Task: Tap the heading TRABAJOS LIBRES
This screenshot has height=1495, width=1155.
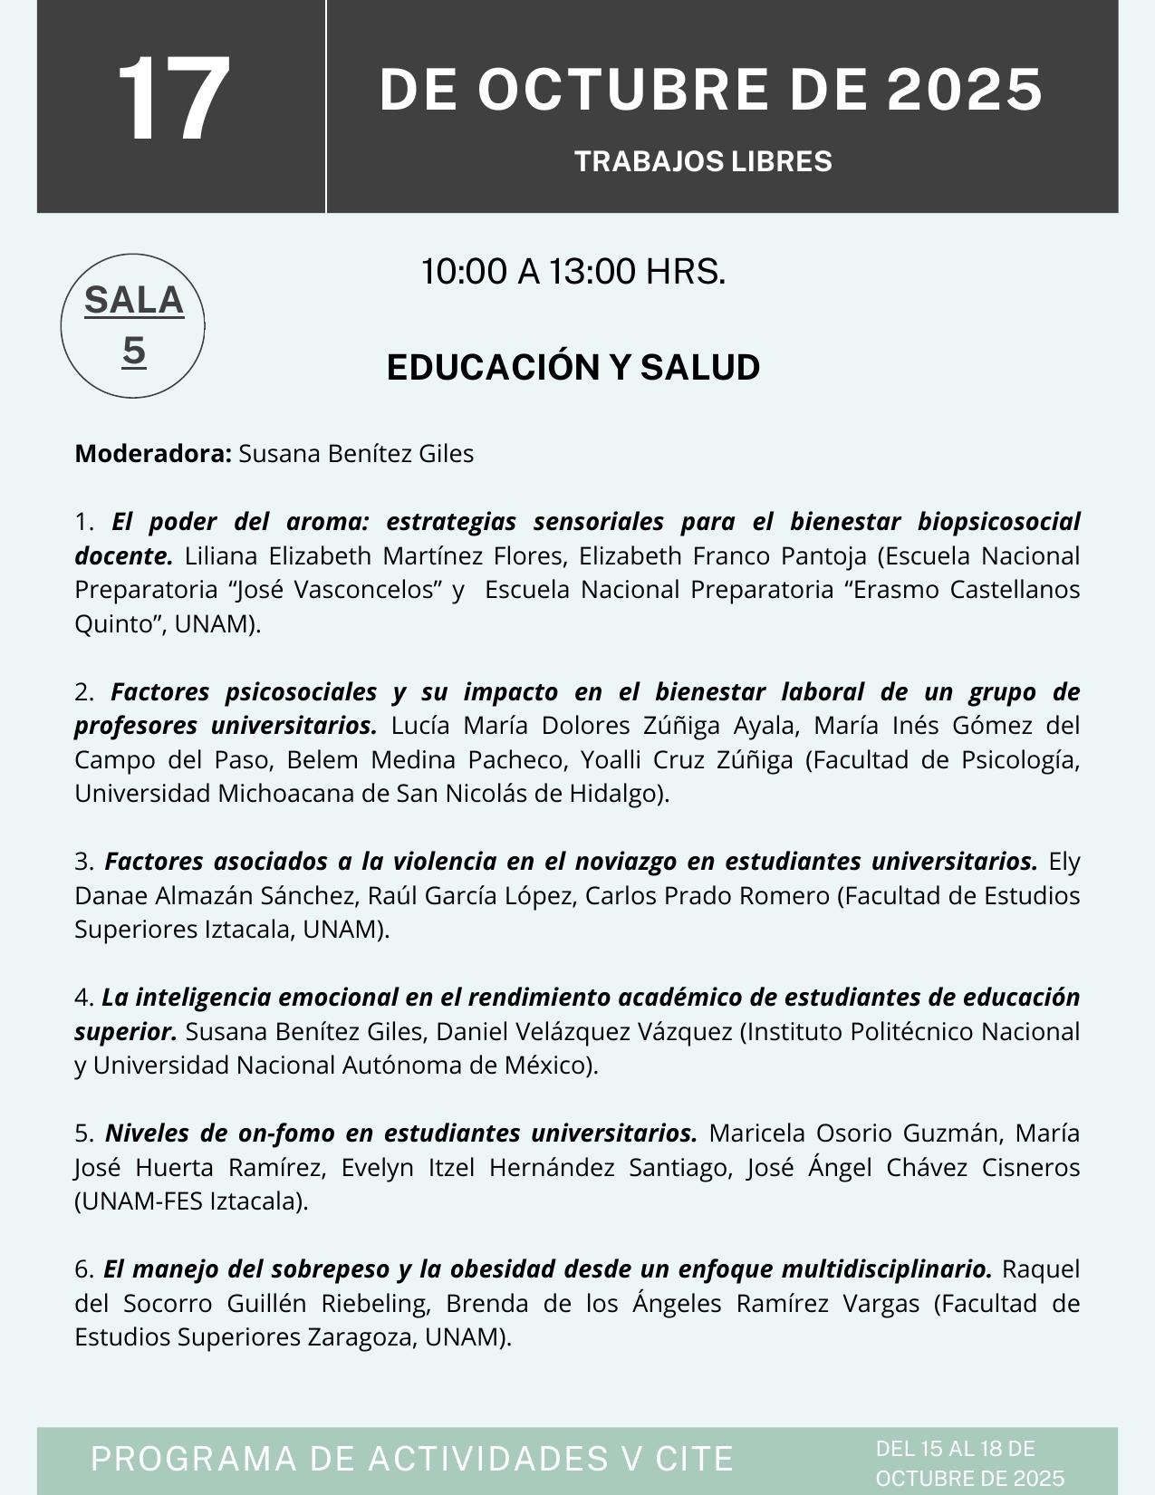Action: point(703,161)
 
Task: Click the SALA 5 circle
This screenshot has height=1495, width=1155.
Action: point(133,325)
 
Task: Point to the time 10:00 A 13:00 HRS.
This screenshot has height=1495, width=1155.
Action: point(573,271)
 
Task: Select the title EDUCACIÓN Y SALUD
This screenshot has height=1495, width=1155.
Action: point(573,367)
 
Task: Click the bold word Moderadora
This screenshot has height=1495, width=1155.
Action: point(153,453)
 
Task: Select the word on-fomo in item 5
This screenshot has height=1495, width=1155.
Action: point(286,1133)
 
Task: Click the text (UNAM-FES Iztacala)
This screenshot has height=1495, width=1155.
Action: point(192,1201)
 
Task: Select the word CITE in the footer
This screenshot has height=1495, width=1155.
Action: point(694,1459)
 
